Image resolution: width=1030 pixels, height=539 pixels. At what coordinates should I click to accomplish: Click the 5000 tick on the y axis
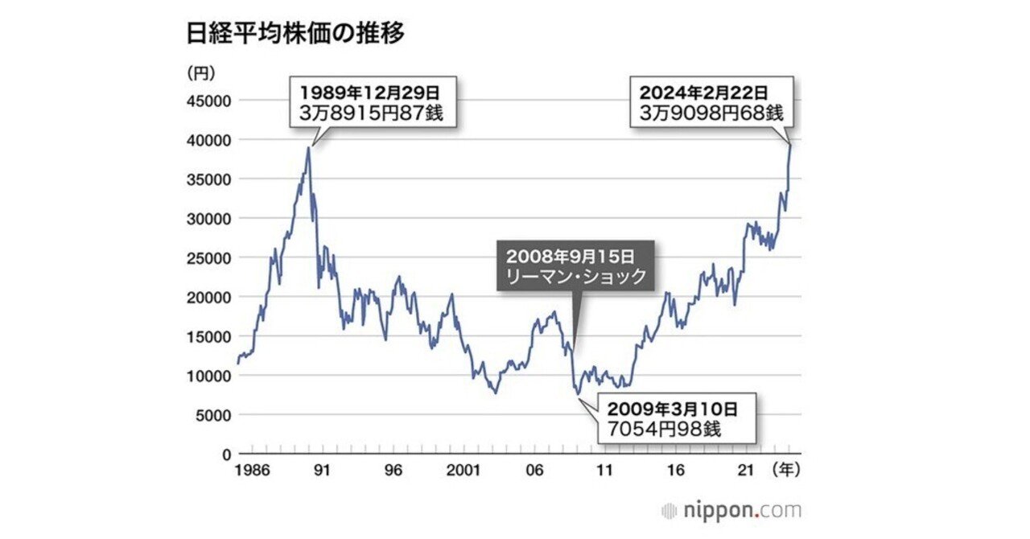pos(212,415)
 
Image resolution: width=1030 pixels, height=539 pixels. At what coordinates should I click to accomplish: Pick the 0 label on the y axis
pos(226,455)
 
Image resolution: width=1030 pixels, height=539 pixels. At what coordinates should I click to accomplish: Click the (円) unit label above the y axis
pos(201,73)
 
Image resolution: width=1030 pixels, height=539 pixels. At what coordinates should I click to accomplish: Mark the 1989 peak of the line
pos(308,147)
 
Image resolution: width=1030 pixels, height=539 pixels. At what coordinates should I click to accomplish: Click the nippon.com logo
pos(731,510)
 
